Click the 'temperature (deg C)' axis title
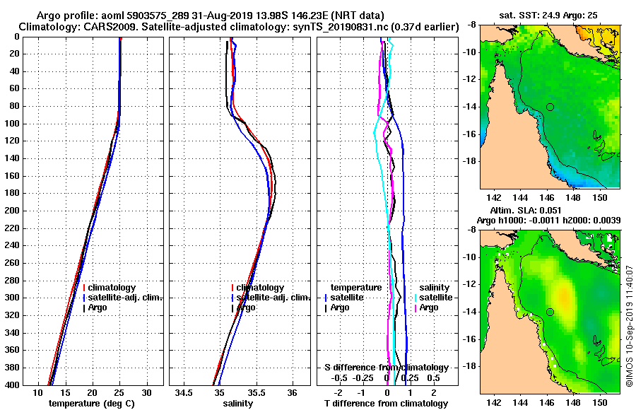(93, 404)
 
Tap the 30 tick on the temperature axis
(146, 392)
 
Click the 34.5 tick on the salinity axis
(185, 392)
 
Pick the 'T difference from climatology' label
(386, 404)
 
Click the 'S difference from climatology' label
(386, 368)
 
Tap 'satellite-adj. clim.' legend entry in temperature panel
(124, 298)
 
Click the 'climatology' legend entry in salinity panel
(260, 288)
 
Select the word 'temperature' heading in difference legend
(356, 288)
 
